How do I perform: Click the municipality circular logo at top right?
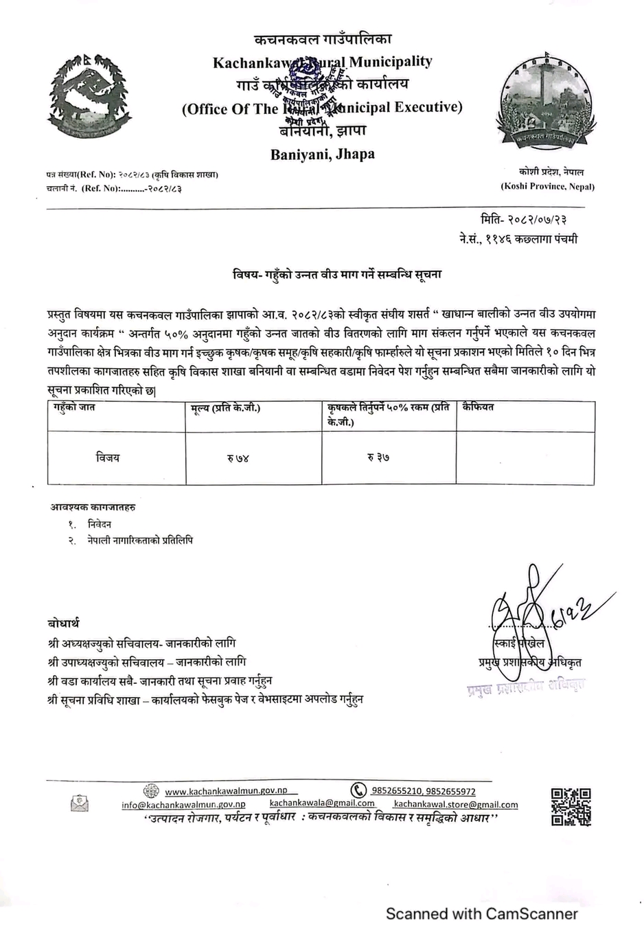pos(547,102)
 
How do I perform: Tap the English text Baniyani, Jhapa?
pos(322,154)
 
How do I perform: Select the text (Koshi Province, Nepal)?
pos(547,186)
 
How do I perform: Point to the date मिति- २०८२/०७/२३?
pos(523,220)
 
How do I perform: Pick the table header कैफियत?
pos(479,407)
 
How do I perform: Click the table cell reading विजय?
pos(108,457)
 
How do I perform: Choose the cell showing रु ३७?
pos(378,458)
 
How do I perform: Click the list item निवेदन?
pos(100,524)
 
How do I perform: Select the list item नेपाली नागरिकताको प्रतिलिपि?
pos(140,540)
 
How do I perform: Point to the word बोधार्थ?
pos(63,623)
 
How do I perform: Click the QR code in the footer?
pos(571,806)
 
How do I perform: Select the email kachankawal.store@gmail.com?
pos(456,804)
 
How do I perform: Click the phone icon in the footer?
pos(358,790)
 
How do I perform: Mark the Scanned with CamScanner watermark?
pos(481,913)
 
